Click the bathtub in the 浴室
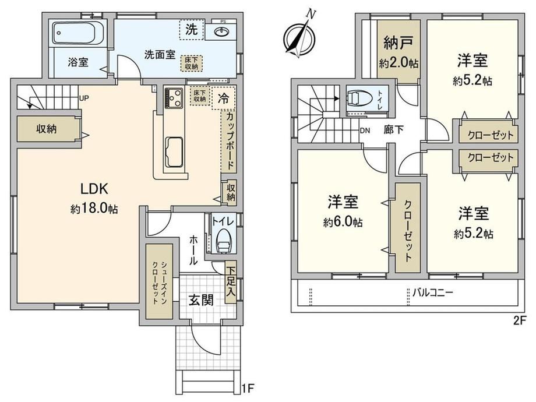pos(78,33)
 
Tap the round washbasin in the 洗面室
pos(223,32)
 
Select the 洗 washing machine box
pos(192,29)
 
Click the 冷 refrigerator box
pos(224,98)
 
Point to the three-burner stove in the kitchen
pos(174,98)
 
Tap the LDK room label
pos(94,188)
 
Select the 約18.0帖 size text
pos(94,208)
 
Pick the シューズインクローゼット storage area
pos(159,281)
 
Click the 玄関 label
pos(202,300)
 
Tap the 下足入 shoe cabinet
pos(231,283)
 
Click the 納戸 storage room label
pos(399,43)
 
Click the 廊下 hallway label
pos(393,130)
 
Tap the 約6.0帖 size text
pos(343,223)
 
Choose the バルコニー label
pos(432,292)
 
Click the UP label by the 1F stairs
pos(84,98)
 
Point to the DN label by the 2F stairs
pos(365,131)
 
